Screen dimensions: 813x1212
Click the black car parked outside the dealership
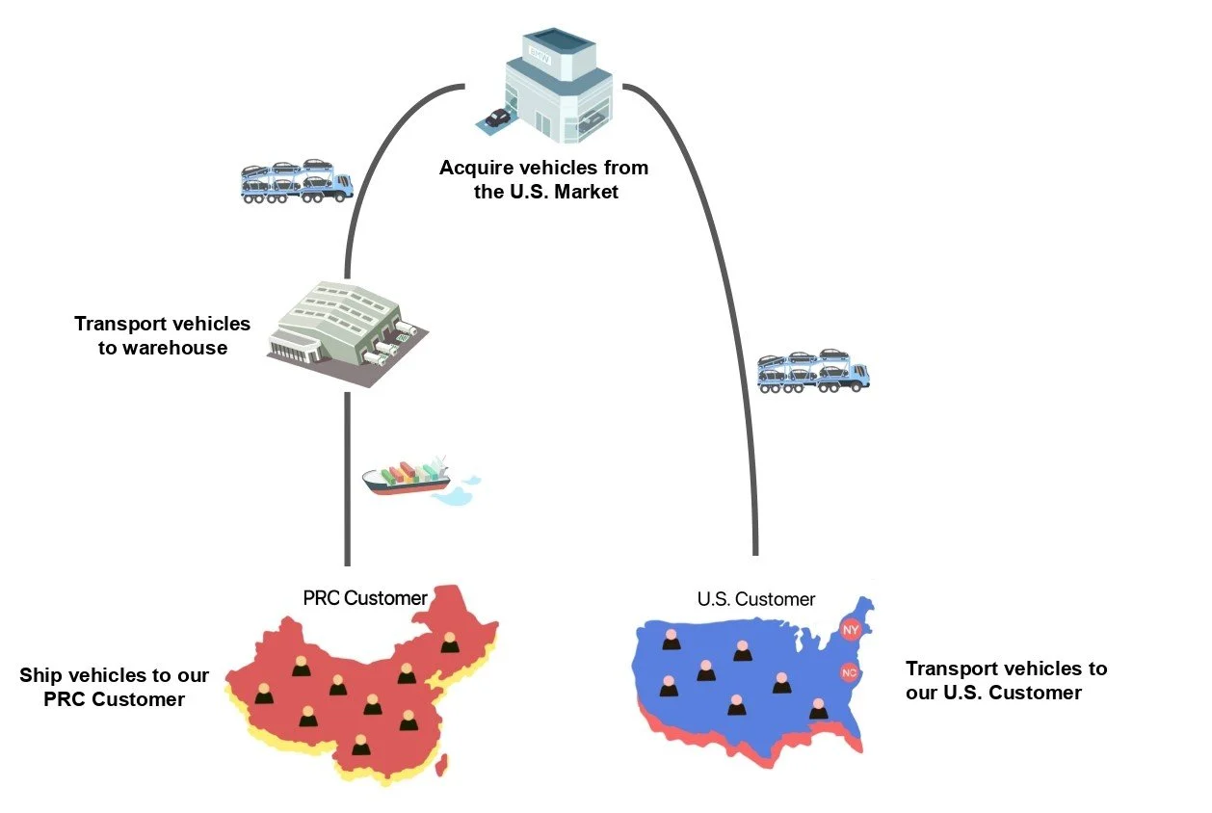[x=497, y=118]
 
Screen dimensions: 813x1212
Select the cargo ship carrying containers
[x=409, y=478]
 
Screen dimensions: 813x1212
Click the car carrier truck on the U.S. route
[x=813, y=370]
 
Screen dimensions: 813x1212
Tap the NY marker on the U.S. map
[x=851, y=630]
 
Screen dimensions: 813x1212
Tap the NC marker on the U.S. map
[x=849, y=672]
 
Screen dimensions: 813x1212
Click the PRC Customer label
[x=365, y=598]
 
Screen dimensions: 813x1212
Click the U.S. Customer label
[x=756, y=599]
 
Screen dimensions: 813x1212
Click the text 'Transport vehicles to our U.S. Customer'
[x=1006, y=680]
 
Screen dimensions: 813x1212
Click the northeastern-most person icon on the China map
[x=450, y=643]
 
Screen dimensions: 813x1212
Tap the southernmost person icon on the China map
[x=360, y=745]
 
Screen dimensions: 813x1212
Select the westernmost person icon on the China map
[x=262, y=694]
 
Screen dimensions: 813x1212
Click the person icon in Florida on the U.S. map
[x=819, y=709]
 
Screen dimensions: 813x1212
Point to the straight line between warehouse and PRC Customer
[x=346, y=482]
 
